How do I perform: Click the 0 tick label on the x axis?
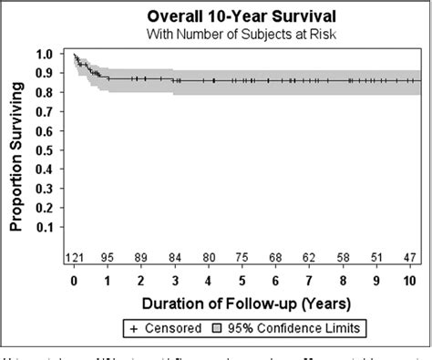point(74,281)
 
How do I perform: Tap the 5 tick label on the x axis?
point(242,281)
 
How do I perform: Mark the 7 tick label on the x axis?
point(308,281)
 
